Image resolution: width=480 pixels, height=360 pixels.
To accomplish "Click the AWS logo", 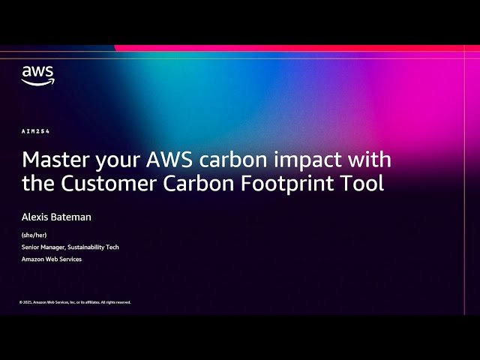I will pyautogui.click(x=37, y=74).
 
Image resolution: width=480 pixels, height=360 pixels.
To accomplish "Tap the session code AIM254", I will pyautogui.click(x=35, y=132).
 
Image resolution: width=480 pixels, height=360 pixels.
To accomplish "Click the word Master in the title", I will pyautogui.click(x=54, y=160).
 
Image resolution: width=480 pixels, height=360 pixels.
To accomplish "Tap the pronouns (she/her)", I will pyautogui.click(x=34, y=235).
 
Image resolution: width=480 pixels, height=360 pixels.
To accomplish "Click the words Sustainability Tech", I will pyautogui.click(x=96, y=247).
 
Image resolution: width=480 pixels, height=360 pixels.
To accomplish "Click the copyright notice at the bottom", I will pyautogui.click(x=75, y=302).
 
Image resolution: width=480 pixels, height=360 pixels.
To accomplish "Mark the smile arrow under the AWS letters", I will pyautogui.click(x=37, y=82).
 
